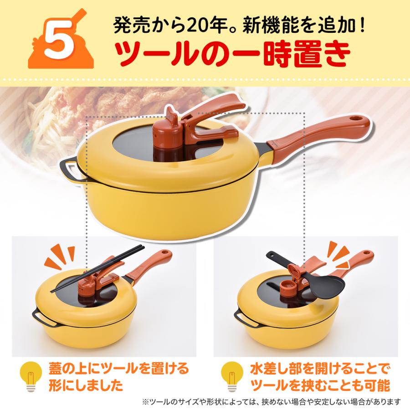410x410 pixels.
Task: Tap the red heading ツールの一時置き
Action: pyautogui.click(x=232, y=54)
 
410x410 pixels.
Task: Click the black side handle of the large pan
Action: pyautogui.click(x=68, y=173)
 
